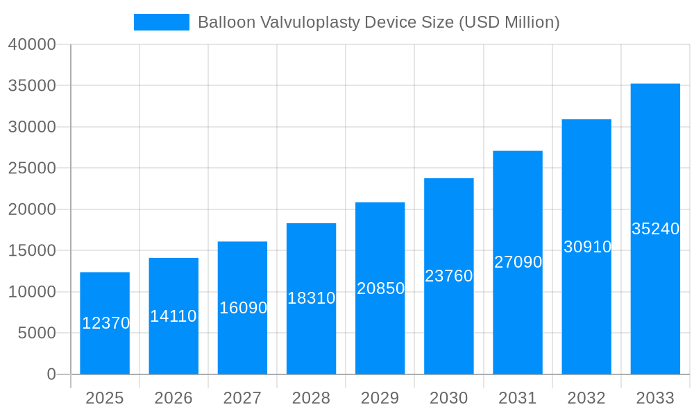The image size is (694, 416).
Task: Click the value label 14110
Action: point(173,316)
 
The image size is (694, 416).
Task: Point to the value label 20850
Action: point(380,288)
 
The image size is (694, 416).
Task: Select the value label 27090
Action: point(518,262)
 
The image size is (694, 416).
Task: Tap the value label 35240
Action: point(655,229)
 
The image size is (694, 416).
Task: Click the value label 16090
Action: point(243,308)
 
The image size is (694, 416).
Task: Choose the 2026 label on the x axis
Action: point(173,398)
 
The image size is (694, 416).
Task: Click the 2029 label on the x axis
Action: point(380,398)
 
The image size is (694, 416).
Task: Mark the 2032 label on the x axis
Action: point(586,398)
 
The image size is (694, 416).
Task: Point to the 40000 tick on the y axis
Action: point(32,44)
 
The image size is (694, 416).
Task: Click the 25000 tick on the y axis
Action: point(32,168)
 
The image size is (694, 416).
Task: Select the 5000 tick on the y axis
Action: point(36,333)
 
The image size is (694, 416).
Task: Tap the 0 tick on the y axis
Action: point(51,374)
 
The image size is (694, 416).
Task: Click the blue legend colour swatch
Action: point(161,22)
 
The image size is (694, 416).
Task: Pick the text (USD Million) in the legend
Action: point(509,22)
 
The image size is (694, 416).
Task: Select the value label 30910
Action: point(587,247)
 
